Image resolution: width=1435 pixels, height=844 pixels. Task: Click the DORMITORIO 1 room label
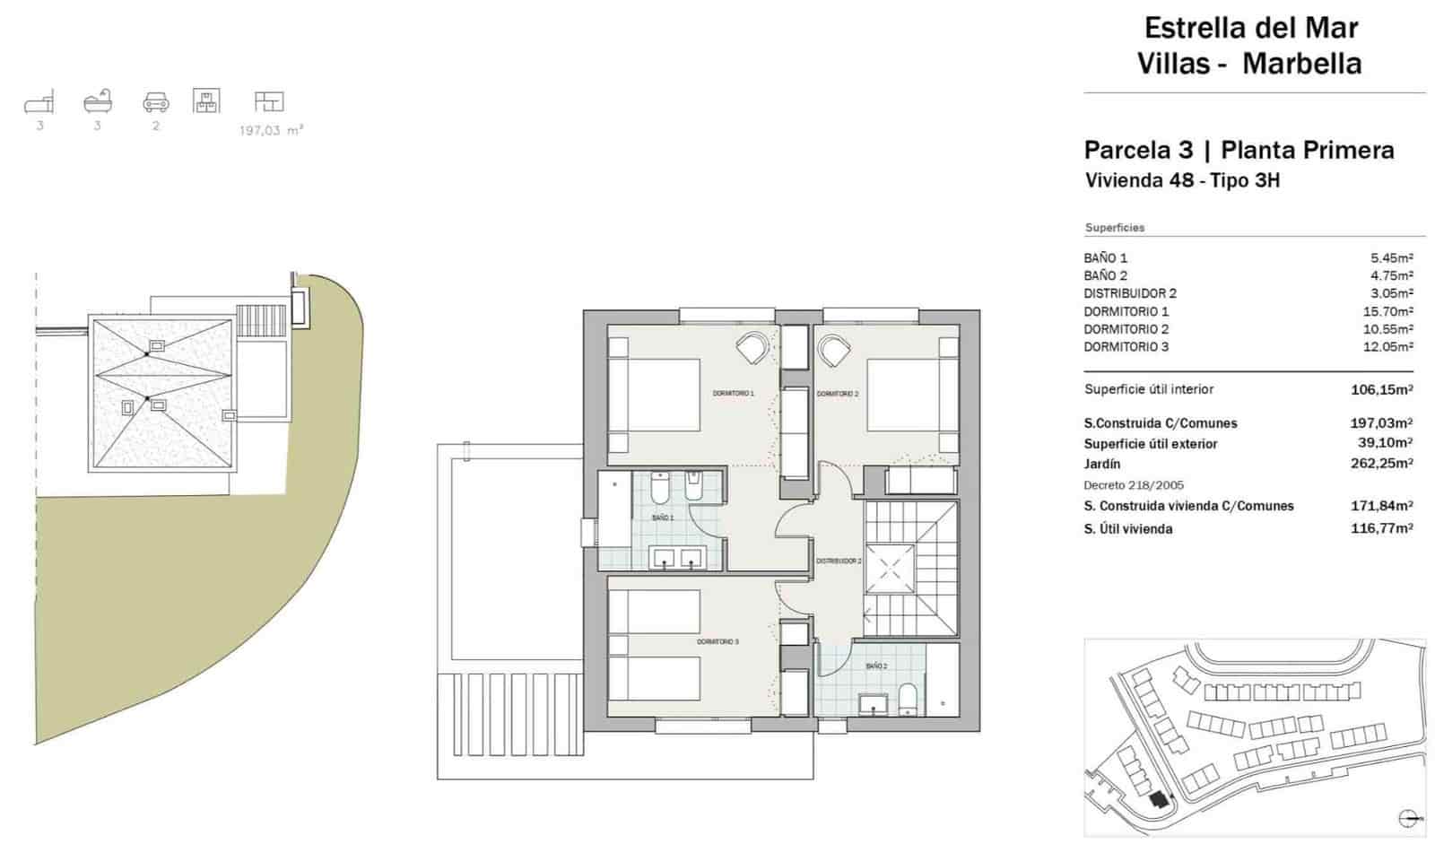(x=733, y=393)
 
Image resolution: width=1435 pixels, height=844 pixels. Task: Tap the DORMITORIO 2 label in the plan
(x=838, y=394)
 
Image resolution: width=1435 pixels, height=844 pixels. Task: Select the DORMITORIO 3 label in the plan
(x=717, y=641)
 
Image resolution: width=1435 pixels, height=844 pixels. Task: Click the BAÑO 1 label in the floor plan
(x=662, y=518)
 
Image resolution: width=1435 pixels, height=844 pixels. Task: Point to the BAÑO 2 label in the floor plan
(x=876, y=666)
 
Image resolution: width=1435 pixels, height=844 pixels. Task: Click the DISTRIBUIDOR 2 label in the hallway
(x=839, y=561)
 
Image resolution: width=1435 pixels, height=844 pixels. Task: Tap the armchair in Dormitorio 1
(x=752, y=348)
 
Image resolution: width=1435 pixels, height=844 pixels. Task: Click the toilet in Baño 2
(x=909, y=700)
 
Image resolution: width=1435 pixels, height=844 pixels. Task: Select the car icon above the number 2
(x=156, y=102)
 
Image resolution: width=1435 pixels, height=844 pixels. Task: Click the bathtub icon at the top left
(x=98, y=100)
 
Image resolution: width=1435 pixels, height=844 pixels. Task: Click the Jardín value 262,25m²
(x=1381, y=464)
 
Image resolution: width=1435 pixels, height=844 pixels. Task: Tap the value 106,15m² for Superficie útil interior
(x=1381, y=389)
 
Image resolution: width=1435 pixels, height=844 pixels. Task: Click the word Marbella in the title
(x=1302, y=64)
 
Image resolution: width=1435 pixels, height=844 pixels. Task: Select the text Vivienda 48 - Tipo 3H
(x=1182, y=180)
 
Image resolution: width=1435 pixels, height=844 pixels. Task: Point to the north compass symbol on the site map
(x=1408, y=817)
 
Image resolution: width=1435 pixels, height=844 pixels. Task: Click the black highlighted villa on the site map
(x=1159, y=799)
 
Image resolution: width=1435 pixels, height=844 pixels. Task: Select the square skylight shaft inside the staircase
(x=891, y=569)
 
